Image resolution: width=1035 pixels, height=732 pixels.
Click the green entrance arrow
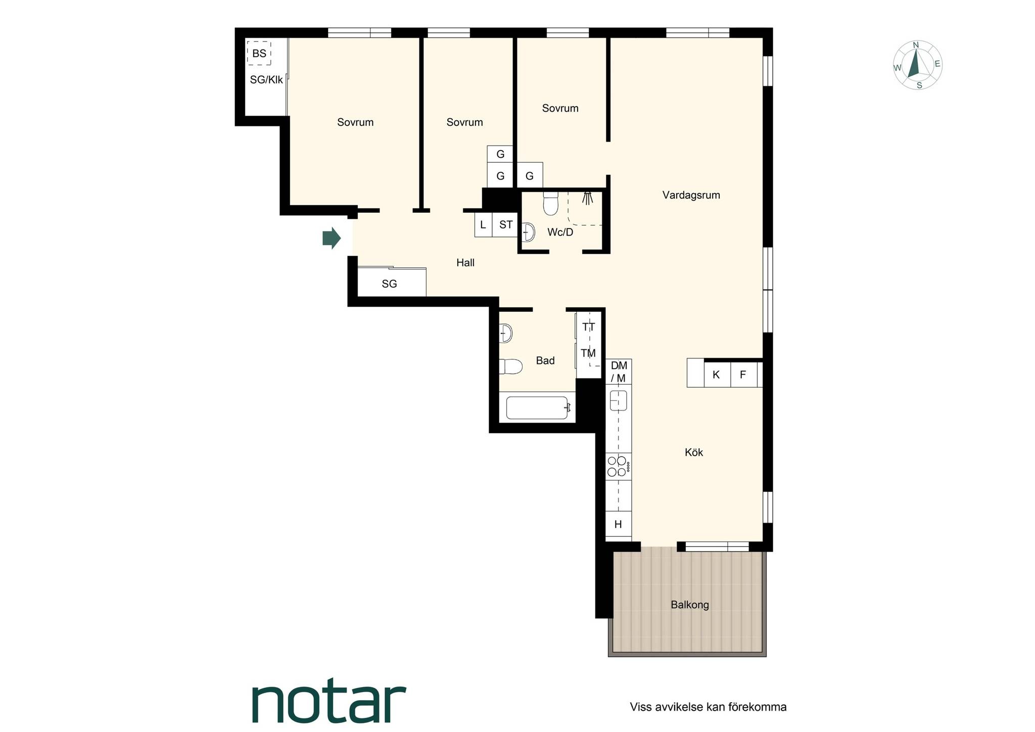pos(332,238)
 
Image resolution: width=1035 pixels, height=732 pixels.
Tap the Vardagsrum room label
pos(691,195)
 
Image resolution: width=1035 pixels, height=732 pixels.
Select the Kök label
pos(694,452)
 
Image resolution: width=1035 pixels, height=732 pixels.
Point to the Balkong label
pos(690,605)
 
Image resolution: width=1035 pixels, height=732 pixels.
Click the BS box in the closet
pos(259,53)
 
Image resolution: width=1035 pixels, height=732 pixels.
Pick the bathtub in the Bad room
pos(538,407)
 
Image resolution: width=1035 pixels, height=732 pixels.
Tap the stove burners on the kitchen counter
pos(618,466)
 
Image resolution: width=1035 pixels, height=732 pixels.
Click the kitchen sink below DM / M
pos(618,400)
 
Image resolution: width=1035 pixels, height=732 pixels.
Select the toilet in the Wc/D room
pos(550,203)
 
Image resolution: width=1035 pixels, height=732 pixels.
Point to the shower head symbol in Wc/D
pos(587,198)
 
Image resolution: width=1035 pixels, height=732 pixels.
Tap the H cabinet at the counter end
pos(619,524)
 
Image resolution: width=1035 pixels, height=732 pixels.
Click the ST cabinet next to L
pos(505,225)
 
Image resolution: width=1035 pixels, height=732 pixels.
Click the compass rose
pos(917,65)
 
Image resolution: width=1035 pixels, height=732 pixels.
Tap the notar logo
pos(329,703)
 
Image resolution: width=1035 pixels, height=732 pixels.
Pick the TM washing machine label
pos(588,353)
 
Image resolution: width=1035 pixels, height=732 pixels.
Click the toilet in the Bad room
pos(510,367)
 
